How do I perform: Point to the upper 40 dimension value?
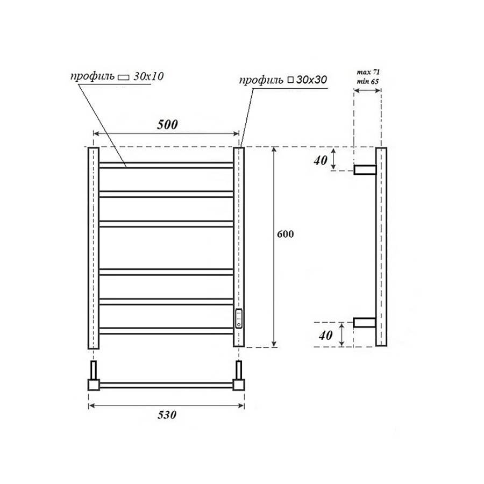tap(321, 160)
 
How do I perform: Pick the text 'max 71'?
tap(368, 72)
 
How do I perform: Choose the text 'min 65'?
tap(368, 81)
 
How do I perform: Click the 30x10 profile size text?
tap(148, 76)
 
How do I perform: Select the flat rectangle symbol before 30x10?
tap(124, 77)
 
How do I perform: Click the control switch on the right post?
tap(239, 318)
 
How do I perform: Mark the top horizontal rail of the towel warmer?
tap(166, 165)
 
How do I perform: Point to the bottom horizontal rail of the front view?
tap(166, 331)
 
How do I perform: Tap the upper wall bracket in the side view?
tap(364, 170)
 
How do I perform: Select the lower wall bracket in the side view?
tap(364, 323)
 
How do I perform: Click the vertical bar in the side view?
tap(380, 247)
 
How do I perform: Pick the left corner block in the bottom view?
tap(94, 385)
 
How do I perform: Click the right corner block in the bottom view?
tap(238, 385)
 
